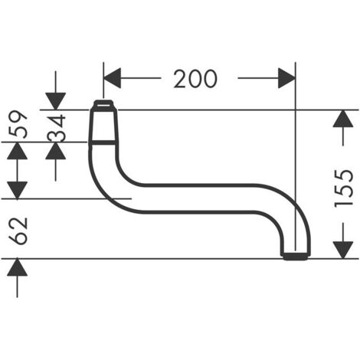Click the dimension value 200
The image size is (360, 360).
(195, 79)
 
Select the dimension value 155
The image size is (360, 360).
(344, 187)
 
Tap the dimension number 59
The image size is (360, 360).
(18, 124)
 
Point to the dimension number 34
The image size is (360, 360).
(57, 128)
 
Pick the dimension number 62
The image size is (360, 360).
(18, 231)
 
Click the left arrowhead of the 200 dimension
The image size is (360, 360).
(112, 78)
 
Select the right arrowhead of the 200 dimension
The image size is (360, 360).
(286, 78)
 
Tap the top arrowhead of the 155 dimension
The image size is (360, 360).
(343, 119)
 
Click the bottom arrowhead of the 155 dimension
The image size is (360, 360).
(343, 250)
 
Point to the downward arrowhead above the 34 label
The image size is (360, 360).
(56, 101)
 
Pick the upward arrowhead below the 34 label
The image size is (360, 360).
(56, 151)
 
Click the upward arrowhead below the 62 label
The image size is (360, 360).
(17, 267)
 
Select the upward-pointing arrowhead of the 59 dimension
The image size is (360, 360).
(17, 151)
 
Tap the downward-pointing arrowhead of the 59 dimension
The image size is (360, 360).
(17, 190)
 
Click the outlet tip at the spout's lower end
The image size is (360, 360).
(296, 257)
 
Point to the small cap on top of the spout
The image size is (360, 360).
(103, 104)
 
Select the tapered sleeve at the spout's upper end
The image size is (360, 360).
(103, 125)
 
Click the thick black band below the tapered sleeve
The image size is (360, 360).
(103, 142)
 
